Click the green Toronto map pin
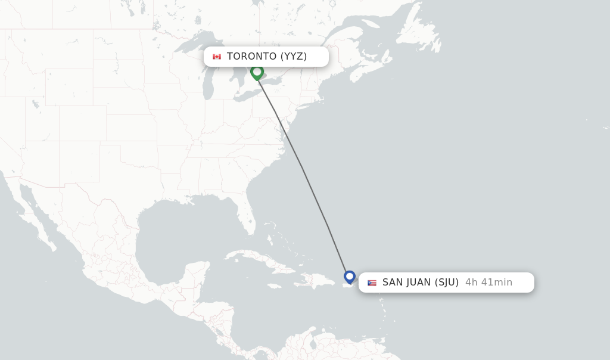tap(257, 72)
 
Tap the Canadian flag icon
tap(217, 57)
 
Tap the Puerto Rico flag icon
tap(372, 283)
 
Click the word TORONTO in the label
tap(252, 57)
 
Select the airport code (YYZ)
tap(294, 57)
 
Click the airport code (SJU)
tap(446, 283)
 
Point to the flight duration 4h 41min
tap(488, 283)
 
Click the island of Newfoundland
tap(420, 36)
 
